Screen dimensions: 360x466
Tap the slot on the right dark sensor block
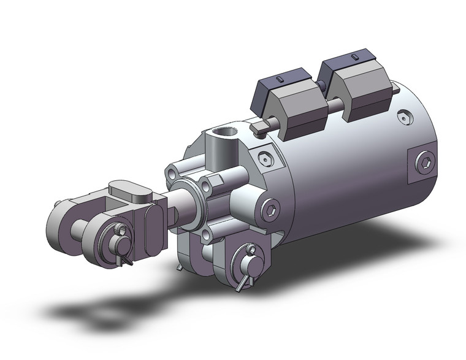[x=354, y=56]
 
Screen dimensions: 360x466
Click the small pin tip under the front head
[x=178, y=269]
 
